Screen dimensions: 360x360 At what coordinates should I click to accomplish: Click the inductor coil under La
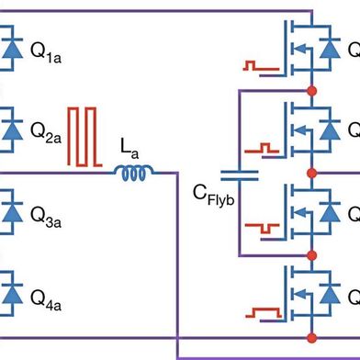134,172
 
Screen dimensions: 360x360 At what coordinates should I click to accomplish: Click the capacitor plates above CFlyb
240,172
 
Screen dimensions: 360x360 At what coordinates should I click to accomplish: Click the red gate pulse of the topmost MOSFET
260,64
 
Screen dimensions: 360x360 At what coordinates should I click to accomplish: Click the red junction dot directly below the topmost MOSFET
313,91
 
